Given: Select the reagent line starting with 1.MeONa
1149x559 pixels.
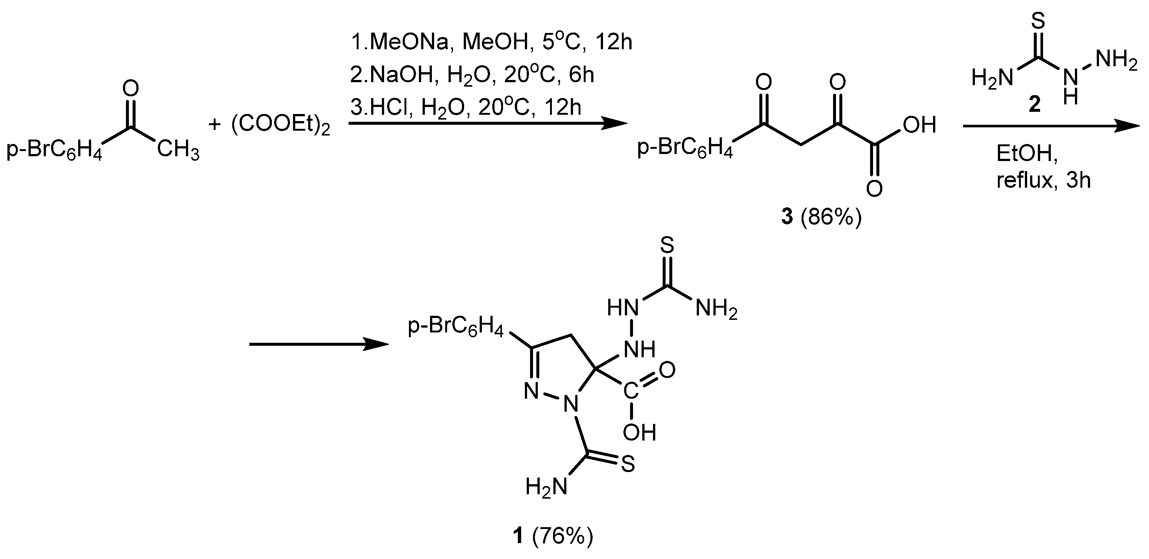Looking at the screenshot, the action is pos(491,43).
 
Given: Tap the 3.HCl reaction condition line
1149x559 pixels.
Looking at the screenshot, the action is pos(466,107).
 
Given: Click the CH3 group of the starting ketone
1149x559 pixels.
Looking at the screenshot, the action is pos(178,150).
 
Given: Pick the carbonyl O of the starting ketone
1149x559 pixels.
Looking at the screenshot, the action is pos(130,89).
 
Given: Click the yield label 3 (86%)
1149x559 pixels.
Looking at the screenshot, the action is pos(821,218).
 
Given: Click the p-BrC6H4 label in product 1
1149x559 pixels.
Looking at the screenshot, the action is pos(456,327).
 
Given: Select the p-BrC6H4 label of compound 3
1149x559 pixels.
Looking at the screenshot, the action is pos(685,148).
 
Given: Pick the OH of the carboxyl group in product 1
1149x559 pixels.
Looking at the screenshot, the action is pos(639,432).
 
